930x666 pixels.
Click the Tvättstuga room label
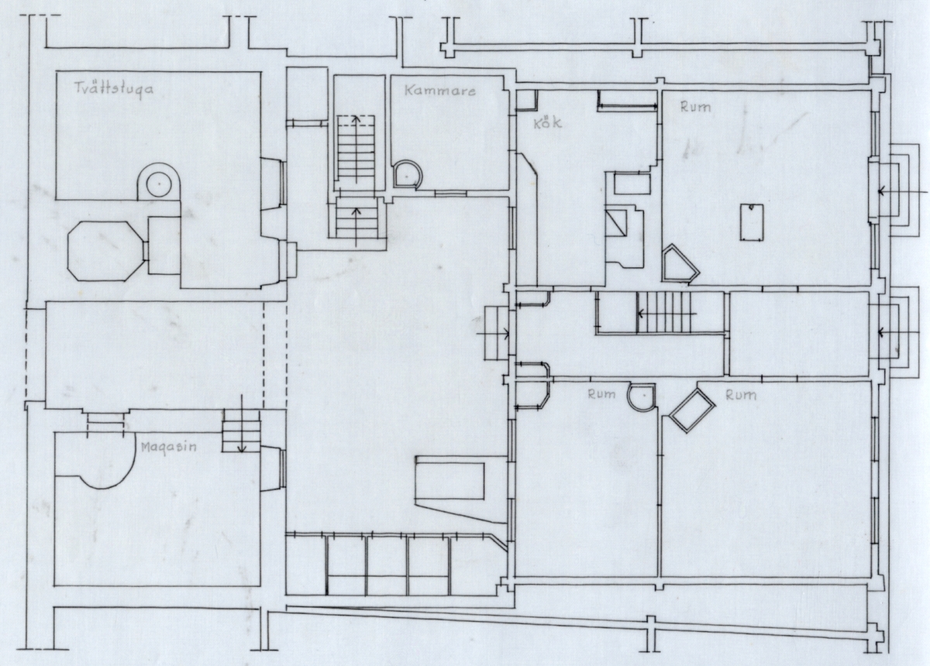click(113, 89)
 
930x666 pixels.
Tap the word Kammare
click(440, 91)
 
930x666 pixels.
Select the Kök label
click(548, 123)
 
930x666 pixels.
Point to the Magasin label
click(168, 448)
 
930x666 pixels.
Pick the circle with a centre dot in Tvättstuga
click(160, 184)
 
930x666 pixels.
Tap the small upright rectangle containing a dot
click(752, 222)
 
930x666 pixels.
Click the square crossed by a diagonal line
click(615, 223)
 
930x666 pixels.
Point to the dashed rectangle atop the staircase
click(356, 121)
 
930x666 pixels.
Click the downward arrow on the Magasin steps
click(242, 424)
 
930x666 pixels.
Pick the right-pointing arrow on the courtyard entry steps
click(493, 333)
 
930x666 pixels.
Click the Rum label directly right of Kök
click(695, 107)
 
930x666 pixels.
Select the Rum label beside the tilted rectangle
click(741, 395)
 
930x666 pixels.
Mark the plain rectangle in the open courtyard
click(449, 482)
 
